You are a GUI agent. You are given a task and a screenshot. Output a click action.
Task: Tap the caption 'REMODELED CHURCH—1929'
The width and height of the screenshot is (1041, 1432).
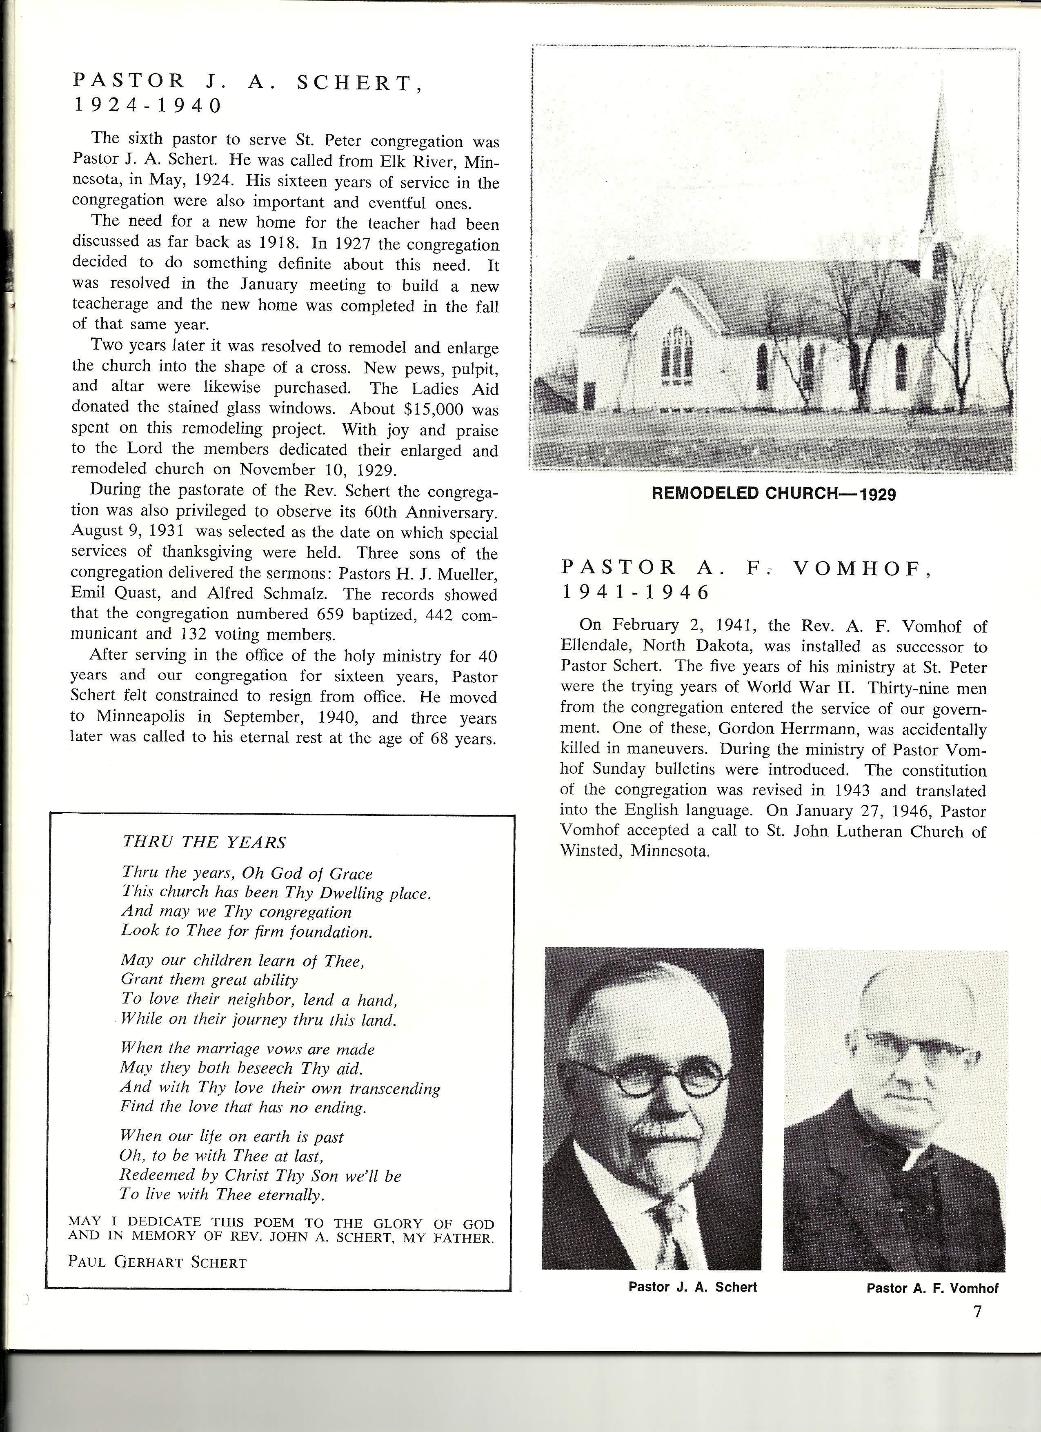coord(773,494)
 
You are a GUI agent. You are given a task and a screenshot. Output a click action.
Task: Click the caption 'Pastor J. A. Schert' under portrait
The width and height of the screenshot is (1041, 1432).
coord(692,1287)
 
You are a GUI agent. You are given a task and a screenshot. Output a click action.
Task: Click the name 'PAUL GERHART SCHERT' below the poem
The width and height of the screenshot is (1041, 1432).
coord(157,1262)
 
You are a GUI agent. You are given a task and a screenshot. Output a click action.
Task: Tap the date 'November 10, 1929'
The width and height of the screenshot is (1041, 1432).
coord(318,470)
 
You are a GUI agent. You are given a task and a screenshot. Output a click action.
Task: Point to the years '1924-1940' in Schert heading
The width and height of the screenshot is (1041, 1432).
coord(147,105)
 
